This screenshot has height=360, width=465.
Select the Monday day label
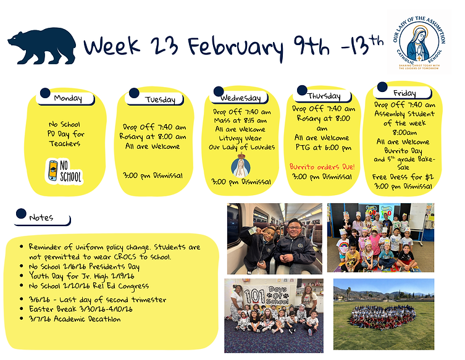pos(67,98)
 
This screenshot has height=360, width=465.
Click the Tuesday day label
pos(160,99)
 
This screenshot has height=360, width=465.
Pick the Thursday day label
pos(324,96)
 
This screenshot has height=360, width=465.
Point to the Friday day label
pos(404,93)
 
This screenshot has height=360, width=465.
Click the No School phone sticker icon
pos(64,170)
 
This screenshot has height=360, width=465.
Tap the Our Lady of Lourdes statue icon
pos(240,165)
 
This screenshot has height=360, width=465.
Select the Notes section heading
pos(41,217)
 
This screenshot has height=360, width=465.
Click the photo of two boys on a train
pos(274,238)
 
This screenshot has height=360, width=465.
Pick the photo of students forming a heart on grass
pos(383,314)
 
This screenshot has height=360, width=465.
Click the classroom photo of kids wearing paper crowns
pos(380,238)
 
